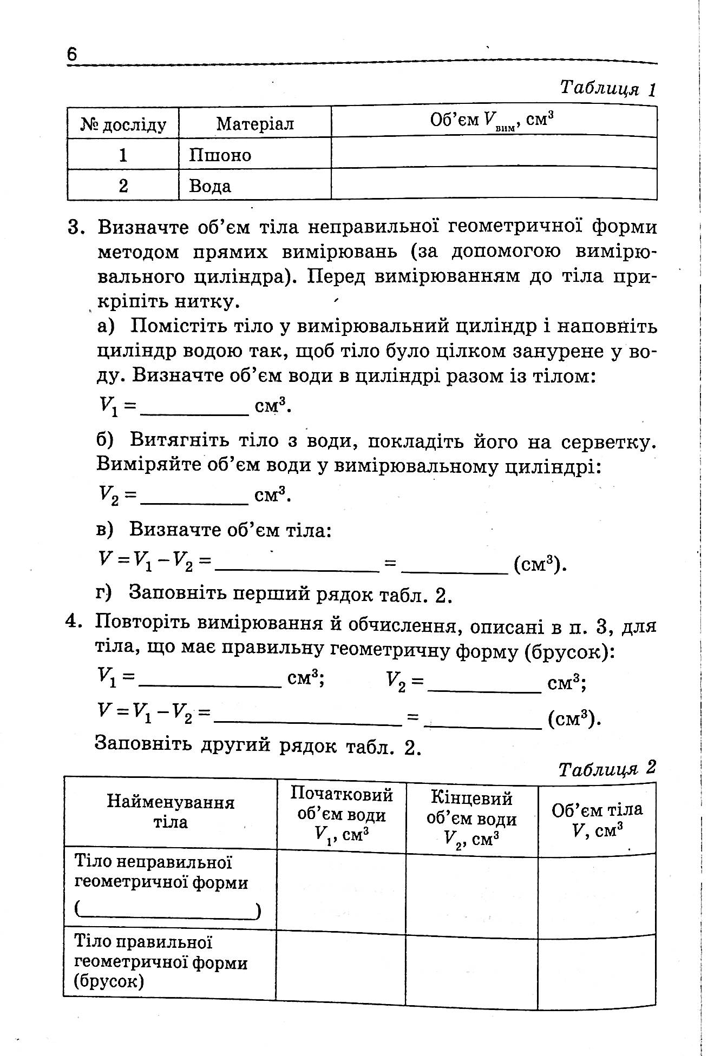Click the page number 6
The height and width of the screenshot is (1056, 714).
(73, 55)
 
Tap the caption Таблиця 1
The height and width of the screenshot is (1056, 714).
(608, 88)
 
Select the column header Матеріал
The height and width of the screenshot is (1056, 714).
(255, 124)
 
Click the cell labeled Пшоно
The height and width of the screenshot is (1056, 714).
(220, 155)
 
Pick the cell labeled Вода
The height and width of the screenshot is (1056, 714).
(210, 186)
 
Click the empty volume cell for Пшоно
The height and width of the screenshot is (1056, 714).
(494, 153)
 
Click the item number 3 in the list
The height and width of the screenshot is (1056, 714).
(76, 227)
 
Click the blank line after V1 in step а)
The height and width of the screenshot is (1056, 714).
(194, 413)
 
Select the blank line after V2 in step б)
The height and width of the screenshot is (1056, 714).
(194, 502)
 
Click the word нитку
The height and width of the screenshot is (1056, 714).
(206, 301)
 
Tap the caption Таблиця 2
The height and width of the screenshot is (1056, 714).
(607, 769)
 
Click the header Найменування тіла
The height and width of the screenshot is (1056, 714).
(171, 812)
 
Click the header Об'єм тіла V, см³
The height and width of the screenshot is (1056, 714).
(597, 820)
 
